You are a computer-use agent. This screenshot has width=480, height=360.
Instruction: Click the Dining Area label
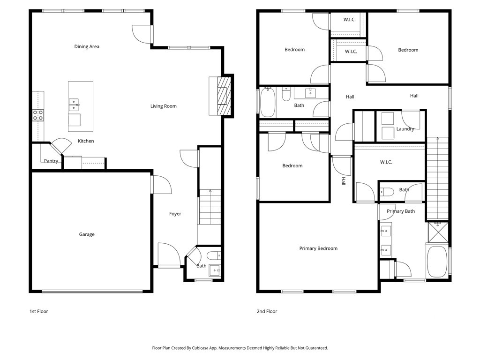tap(87, 46)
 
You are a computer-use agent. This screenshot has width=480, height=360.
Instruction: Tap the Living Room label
tap(164, 106)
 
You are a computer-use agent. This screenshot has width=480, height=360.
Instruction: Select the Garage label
tap(87, 234)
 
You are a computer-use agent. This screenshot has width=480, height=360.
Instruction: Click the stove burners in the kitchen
tap(38, 115)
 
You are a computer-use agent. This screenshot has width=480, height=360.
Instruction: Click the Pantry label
tap(51, 161)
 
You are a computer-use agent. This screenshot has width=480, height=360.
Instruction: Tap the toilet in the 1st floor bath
tap(213, 255)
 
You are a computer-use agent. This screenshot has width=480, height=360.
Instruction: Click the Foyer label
tap(175, 214)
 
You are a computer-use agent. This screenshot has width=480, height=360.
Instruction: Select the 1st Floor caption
tap(38, 311)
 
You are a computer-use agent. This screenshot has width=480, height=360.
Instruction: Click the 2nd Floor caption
tap(267, 311)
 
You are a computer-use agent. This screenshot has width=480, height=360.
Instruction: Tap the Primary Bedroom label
tap(318, 248)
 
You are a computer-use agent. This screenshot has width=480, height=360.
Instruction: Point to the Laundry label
tap(405, 129)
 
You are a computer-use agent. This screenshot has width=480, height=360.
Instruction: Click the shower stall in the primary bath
tap(438, 232)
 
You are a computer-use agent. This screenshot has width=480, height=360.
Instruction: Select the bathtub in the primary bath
tap(437, 261)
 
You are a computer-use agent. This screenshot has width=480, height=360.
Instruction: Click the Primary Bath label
tap(401, 211)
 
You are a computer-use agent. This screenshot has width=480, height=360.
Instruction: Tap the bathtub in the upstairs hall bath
tap(268, 102)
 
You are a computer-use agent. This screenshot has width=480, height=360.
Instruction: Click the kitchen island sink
tap(74, 105)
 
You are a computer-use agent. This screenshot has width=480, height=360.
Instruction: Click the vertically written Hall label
tap(343, 181)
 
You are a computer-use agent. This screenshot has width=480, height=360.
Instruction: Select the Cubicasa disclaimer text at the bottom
tap(240, 348)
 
